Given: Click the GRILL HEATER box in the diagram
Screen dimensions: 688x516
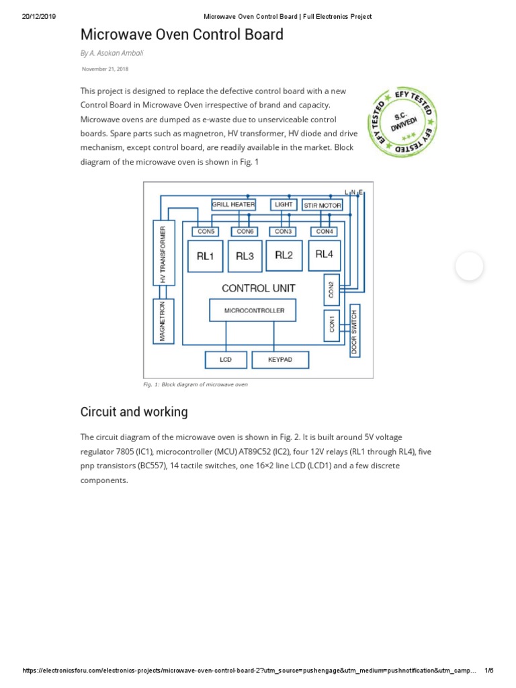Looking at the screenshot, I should (x=233, y=204).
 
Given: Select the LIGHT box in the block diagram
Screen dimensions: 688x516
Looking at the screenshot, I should (x=283, y=204).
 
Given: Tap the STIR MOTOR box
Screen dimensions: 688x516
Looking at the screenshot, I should (x=322, y=205).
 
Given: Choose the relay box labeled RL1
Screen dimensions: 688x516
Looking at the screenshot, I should (x=205, y=256).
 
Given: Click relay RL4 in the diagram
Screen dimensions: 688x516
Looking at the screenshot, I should (x=324, y=255).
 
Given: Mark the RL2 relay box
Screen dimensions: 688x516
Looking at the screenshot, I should (x=284, y=255).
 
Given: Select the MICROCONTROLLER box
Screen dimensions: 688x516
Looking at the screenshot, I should (x=254, y=310).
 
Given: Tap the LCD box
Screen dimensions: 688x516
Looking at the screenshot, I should (x=225, y=360).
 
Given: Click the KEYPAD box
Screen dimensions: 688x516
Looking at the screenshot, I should (x=280, y=360).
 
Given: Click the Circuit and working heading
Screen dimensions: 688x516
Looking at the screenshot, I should (x=134, y=412).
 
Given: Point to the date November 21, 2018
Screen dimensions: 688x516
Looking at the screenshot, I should (x=105, y=69).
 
